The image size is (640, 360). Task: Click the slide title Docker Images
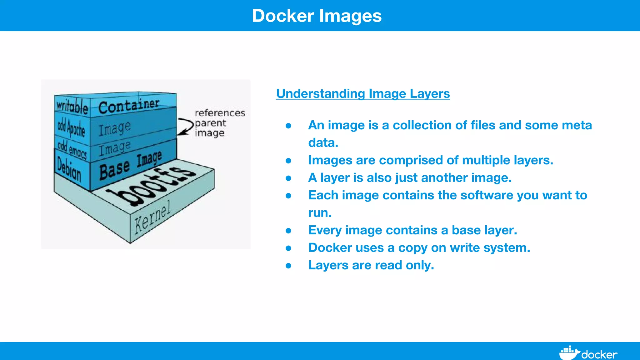(317, 16)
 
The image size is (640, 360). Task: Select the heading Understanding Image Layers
(363, 94)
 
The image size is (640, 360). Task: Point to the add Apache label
(72, 128)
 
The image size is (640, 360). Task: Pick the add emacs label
(72, 149)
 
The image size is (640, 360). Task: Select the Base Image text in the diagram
(130, 166)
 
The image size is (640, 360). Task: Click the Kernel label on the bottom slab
(152, 217)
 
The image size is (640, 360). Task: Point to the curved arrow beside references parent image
(186, 127)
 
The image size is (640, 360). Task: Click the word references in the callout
(220, 113)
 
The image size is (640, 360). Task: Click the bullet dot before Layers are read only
(288, 266)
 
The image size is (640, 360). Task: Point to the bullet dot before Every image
(288, 231)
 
